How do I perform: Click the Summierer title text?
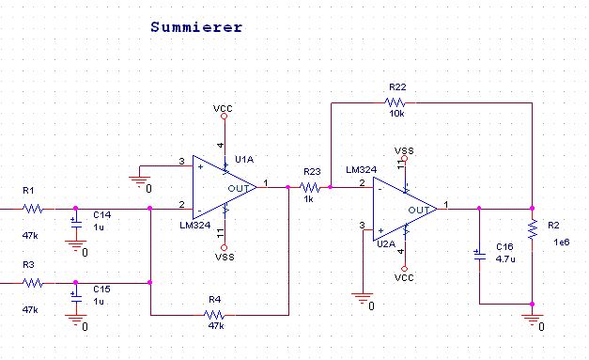196,27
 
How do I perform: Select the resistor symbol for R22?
395,102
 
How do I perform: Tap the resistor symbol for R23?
309,187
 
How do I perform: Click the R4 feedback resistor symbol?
214,315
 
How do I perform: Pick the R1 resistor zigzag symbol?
33,209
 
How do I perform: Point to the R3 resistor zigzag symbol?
33,283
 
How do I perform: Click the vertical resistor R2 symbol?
533,229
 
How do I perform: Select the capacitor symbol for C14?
76,223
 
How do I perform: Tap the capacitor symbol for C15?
76,297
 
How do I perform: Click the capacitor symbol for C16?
479,255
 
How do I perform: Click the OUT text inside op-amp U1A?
239,188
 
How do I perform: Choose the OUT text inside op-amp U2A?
419,210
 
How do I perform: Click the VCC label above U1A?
224,109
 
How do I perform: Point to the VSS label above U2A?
404,150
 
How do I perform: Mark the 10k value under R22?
396,114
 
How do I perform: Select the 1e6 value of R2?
562,243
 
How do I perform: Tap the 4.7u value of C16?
505,258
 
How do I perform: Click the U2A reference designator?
386,243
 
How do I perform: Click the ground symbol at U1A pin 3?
140,181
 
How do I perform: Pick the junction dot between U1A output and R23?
288,187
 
